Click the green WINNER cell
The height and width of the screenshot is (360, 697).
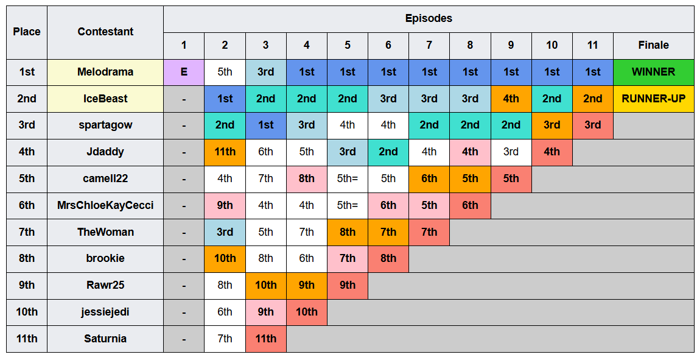653,72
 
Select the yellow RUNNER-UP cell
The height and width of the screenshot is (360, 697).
653,99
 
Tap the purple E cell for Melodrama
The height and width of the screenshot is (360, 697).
184,72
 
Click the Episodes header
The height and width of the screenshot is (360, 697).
429,19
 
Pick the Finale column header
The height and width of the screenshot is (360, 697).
653,46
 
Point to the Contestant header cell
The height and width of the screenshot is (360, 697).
105,32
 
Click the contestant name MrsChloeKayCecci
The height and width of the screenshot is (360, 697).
105,206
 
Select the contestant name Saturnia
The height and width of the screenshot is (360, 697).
105,339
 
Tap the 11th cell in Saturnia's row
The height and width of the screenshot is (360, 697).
266,339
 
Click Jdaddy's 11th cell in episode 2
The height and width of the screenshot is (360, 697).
225,152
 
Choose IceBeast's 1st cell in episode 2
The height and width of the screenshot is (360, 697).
225,99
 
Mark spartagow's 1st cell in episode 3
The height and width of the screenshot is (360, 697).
266,125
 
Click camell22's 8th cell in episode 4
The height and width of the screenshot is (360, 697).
307,179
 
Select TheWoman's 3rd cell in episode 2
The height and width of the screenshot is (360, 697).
225,232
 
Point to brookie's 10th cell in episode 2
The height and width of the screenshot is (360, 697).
225,258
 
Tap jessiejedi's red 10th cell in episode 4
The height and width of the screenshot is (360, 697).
307,312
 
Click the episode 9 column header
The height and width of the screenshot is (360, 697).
511,46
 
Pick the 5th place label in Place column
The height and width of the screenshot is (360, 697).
27,179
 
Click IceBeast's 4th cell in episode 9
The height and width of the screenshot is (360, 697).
511,99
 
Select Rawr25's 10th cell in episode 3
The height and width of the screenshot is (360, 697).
266,285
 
